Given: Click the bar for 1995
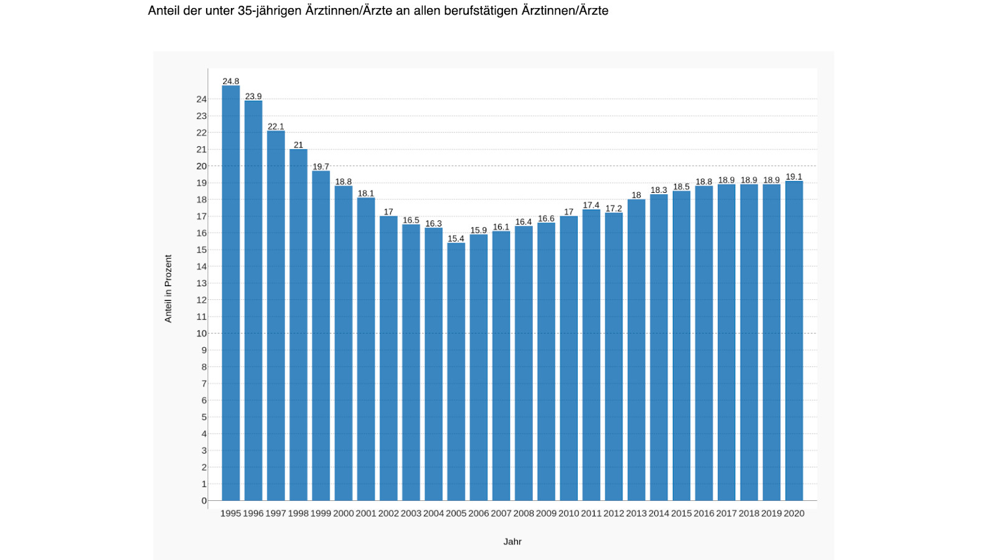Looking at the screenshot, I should click(x=230, y=292).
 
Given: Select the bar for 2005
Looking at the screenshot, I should click(x=456, y=371).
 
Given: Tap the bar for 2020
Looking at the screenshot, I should click(x=794, y=340).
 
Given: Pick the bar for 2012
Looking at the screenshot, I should click(x=614, y=356).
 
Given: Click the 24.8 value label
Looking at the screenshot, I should click(x=230, y=82).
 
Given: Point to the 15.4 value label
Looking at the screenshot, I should click(x=456, y=239).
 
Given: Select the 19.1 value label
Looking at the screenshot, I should click(x=794, y=177).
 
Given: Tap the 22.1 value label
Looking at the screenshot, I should click(x=276, y=126).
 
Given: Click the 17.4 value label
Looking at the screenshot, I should click(x=591, y=205).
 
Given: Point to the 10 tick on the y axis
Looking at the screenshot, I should click(x=202, y=334).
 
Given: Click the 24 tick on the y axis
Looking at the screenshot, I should click(x=202, y=99).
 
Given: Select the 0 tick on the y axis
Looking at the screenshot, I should click(x=204, y=501).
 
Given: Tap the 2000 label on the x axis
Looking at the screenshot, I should click(x=343, y=513).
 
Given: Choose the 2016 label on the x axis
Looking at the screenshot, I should click(x=703, y=513).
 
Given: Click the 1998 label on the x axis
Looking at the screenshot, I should click(x=298, y=513).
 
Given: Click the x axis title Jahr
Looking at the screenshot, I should click(x=512, y=541).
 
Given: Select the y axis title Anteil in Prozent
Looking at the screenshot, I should click(x=168, y=289).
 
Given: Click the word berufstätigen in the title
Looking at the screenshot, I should click(x=481, y=11).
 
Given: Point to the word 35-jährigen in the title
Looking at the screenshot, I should click(x=270, y=11).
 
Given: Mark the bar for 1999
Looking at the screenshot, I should click(x=321, y=335).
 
